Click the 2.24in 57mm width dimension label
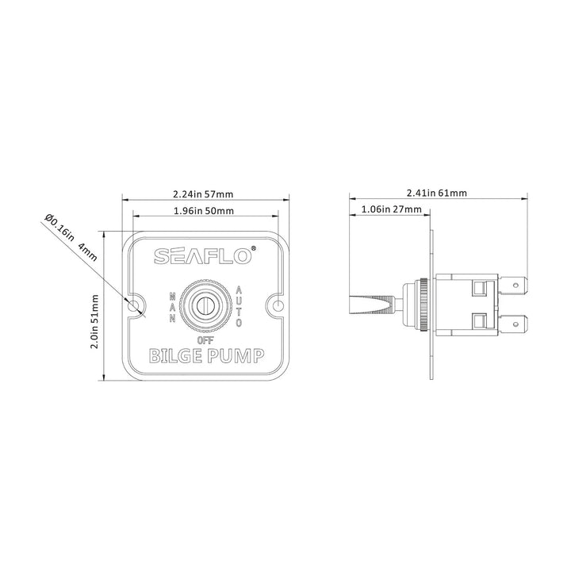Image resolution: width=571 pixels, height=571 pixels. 203,194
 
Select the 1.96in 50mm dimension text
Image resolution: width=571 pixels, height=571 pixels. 204,210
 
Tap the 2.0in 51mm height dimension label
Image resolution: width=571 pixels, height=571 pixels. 94,321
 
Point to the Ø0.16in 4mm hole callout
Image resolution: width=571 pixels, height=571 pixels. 71,237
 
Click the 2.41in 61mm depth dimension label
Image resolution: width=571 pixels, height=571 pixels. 437,193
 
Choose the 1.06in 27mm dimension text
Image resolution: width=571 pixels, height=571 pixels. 392,209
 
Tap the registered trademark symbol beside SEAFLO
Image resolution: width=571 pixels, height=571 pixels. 254,248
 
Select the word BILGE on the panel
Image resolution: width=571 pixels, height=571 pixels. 175,356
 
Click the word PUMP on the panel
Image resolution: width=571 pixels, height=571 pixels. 236,356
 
